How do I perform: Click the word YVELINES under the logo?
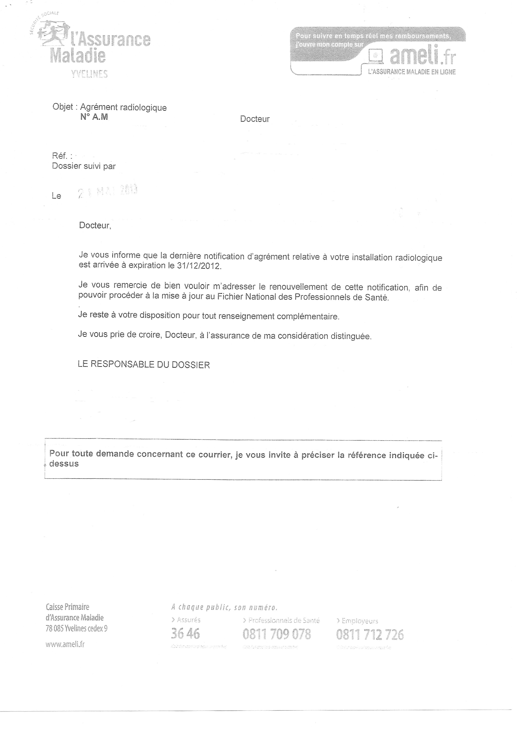click(90, 74)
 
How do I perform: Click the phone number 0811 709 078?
click(276, 634)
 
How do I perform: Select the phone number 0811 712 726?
click(370, 635)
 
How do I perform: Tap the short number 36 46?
click(185, 633)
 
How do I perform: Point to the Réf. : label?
click(62, 156)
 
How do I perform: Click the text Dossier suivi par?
click(84, 166)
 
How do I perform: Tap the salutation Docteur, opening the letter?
click(95, 226)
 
